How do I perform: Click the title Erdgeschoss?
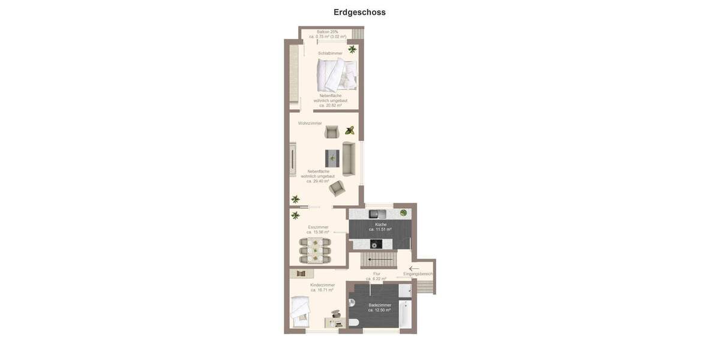(359, 12)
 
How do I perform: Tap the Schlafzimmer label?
(330, 53)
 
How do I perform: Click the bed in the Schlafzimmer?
(337, 75)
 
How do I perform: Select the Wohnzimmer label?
(310, 123)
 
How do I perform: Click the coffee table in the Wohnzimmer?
(332, 158)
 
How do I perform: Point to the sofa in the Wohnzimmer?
(349, 158)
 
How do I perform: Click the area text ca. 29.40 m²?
(318, 181)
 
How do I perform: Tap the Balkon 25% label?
(328, 32)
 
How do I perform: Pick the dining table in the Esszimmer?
(315, 251)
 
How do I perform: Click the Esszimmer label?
(318, 227)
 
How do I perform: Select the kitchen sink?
(377, 214)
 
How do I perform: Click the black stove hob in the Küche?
(376, 244)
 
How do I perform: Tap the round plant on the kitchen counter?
(403, 213)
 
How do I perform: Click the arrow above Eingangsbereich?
(414, 268)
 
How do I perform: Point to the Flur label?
(377, 274)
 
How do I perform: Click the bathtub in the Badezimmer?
(404, 313)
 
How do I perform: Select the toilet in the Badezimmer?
(353, 322)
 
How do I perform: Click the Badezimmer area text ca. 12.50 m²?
(379, 310)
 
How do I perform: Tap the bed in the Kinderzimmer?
(299, 311)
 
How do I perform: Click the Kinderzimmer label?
(322, 285)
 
